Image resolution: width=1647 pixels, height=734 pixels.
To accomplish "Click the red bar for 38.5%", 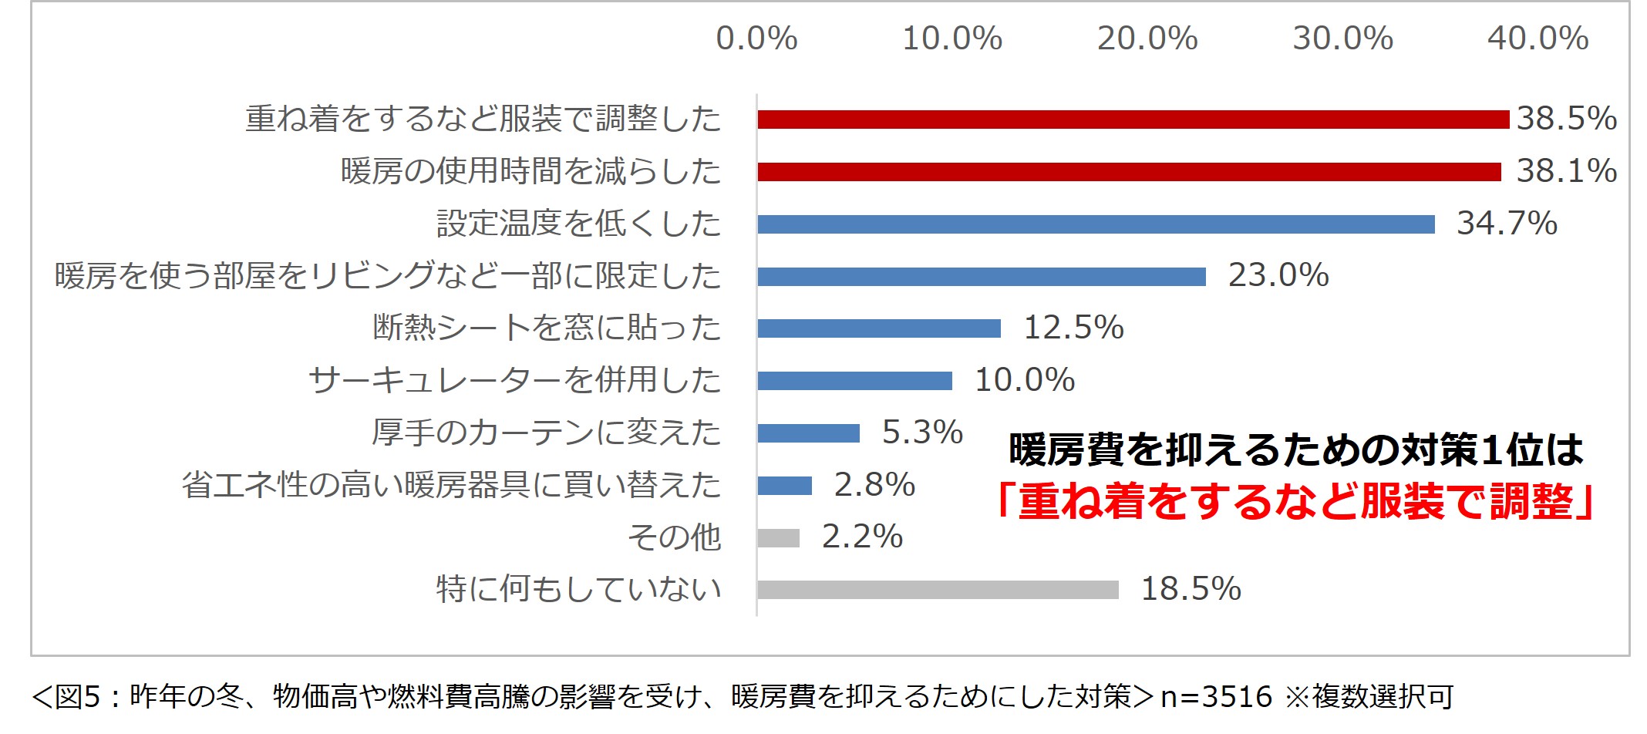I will pos(1133,120).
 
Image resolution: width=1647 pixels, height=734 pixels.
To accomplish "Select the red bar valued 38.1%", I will pos(1129,171).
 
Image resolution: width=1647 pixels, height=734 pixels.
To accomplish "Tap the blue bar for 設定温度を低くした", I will pos(1096,224).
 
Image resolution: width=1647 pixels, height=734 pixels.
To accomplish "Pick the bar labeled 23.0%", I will pos(982,277).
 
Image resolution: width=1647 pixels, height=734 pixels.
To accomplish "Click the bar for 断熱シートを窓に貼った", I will pos(879,328).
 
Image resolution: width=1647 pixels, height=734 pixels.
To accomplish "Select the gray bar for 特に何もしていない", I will pos(938,590).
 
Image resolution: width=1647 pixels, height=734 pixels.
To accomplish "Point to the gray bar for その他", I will pos(779,537).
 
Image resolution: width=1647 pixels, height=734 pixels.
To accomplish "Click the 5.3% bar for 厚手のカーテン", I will pos(808,433).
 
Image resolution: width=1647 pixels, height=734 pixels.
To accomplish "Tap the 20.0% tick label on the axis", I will pos(1147,39).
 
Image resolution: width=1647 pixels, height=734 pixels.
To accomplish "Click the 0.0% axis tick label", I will pos(756,39).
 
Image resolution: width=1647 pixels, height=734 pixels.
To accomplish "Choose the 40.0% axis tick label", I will pos(1538,39).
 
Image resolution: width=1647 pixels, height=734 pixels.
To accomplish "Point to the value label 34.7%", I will pos(1507,224).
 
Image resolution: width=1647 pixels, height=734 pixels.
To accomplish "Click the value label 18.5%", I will pos(1191,589).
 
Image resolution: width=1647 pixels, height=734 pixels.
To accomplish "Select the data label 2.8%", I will pos(874,485).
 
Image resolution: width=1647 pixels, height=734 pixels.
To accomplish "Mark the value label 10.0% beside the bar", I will pos(1025,380).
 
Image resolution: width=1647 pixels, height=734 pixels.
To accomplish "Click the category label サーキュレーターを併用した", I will pos(514,380).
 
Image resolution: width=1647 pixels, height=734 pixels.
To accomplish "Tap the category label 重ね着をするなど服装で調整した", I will pos(483,119).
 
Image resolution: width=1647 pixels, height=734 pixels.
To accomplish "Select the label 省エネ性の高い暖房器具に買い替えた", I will pos(451,485).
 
